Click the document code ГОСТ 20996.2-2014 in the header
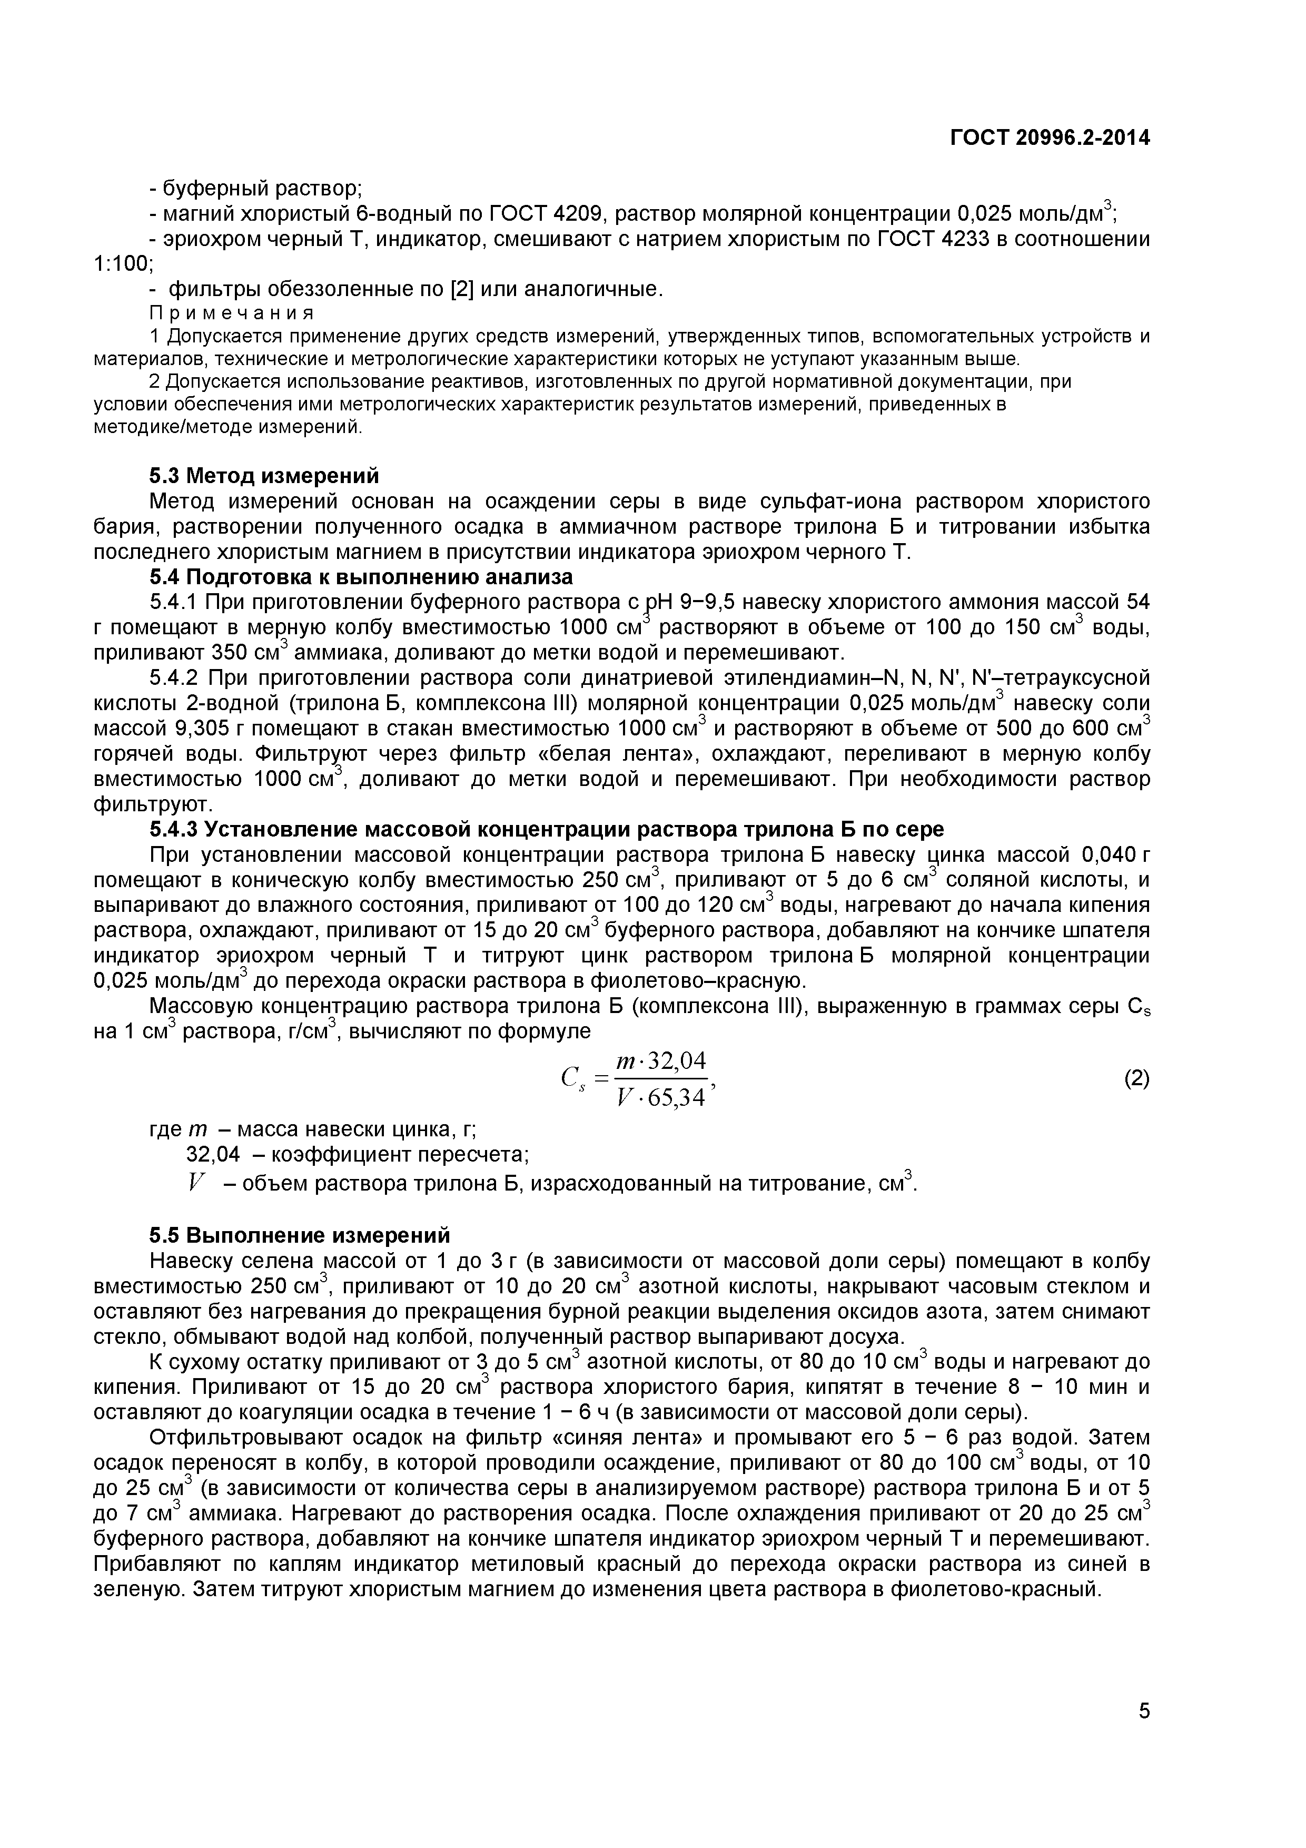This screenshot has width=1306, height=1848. [x=1050, y=137]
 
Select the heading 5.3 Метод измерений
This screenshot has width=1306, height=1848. [x=264, y=476]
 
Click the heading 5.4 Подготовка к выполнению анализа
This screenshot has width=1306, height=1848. [x=361, y=576]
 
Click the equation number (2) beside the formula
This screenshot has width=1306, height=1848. [x=1136, y=1078]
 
